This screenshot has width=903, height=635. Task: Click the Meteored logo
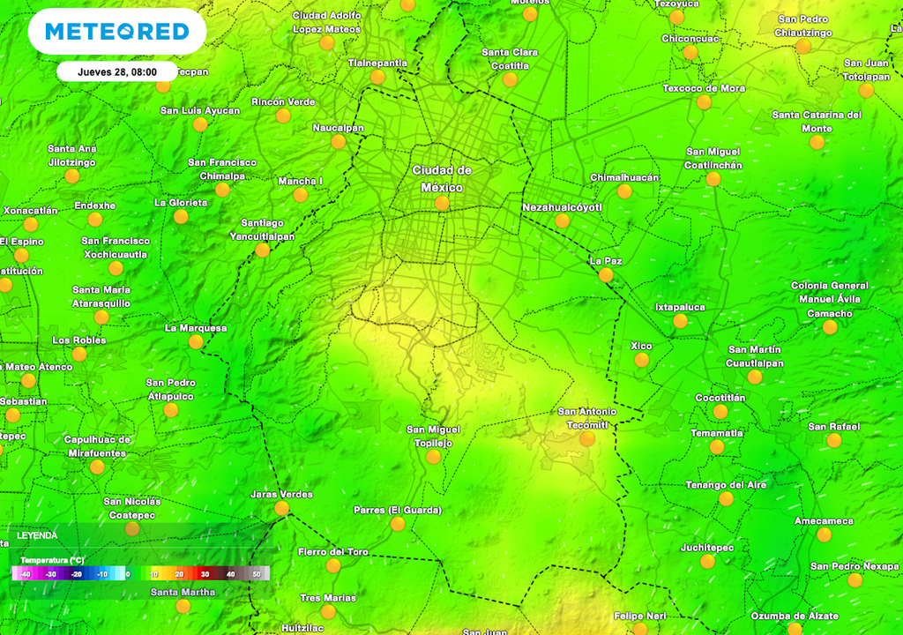coord(117,32)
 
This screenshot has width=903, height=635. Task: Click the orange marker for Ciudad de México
coord(442,204)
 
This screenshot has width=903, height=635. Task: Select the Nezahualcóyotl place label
coord(562,207)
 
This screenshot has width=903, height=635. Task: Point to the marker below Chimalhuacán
coord(624,191)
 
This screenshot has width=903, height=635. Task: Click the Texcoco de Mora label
coord(704,88)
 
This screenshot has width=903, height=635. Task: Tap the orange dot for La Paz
coord(606,275)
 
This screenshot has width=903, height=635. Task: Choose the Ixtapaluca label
coord(680,307)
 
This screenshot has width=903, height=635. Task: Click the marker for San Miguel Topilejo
coord(433,457)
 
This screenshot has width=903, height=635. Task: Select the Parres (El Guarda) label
coord(398,510)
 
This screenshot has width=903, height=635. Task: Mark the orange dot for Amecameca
coord(824,534)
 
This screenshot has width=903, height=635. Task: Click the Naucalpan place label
coord(338,128)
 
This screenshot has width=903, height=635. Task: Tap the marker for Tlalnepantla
coord(377,77)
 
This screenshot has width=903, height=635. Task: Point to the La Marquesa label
coord(196,328)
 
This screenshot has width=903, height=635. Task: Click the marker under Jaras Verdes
coord(281,508)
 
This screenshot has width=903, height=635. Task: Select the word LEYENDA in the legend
coord(37,535)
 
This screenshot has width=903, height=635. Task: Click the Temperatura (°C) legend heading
coord(53,560)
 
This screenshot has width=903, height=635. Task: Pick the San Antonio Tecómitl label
coord(587,418)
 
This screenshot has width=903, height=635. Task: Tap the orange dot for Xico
coord(641,360)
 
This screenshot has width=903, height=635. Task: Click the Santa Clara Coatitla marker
coord(510,79)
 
